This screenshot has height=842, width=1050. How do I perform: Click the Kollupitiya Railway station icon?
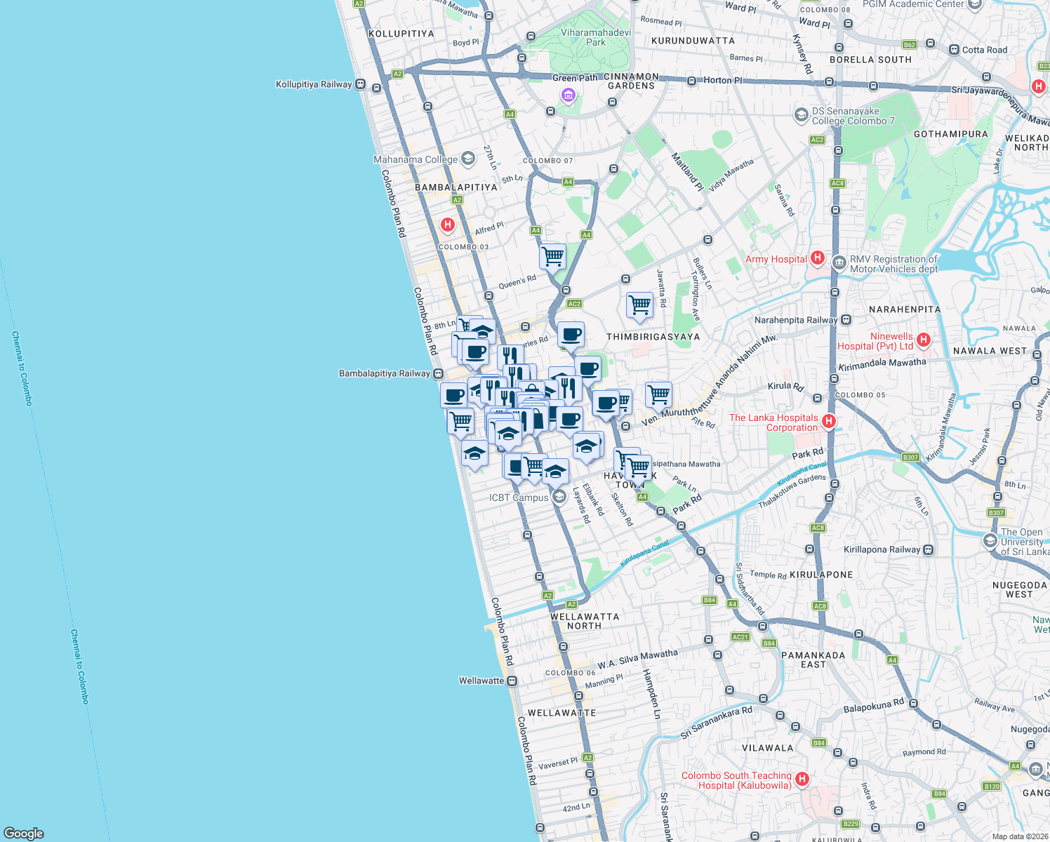click(360, 84)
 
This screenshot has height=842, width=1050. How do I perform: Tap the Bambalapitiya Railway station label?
click(384, 373)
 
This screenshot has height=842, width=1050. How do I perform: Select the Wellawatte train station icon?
click(512, 681)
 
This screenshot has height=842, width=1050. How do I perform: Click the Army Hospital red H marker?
click(817, 258)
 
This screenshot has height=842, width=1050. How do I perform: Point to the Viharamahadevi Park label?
click(595, 37)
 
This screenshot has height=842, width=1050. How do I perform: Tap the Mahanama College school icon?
click(468, 159)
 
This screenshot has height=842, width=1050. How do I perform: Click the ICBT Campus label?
click(519, 497)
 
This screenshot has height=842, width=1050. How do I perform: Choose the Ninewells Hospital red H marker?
click(924, 340)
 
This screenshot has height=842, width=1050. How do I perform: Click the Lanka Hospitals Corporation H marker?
click(829, 421)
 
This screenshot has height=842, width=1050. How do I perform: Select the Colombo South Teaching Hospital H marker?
click(802, 779)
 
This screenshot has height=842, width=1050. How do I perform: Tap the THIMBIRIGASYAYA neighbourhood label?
click(653, 337)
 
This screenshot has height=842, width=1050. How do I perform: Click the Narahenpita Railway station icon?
click(846, 320)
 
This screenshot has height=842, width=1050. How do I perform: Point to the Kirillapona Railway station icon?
click(929, 549)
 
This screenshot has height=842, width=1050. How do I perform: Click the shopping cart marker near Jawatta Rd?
click(639, 305)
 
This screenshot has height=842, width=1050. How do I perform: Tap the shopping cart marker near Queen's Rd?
click(552, 256)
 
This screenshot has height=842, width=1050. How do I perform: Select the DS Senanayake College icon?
click(801, 114)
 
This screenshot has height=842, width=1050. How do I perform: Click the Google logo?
click(24, 833)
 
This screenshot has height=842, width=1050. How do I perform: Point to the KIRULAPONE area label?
click(821, 575)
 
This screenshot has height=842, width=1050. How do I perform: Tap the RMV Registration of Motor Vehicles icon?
click(839, 263)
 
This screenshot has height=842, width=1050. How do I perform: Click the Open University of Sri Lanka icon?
click(990, 541)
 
